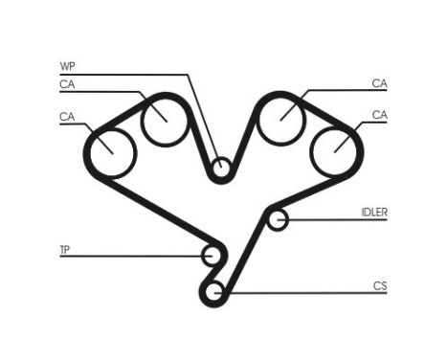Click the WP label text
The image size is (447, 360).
[x=66, y=67]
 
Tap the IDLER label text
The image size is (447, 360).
[x=374, y=212]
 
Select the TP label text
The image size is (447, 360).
[x=64, y=251]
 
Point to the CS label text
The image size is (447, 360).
[x=380, y=284]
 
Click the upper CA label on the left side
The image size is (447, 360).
[x=66, y=84]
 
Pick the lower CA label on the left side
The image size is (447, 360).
[x=66, y=117]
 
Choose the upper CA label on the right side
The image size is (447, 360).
[x=380, y=83]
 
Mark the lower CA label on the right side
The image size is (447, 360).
[x=380, y=116]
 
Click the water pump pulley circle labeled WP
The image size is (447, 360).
[x=222, y=170]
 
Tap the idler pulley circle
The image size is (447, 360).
[x=277, y=221]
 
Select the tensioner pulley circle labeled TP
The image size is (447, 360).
[x=212, y=256]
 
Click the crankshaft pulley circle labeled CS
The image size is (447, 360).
[x=215, y=290]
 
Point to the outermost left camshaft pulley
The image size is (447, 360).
[x=110, y=150]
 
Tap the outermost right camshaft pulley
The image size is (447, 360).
[x=335, y=148]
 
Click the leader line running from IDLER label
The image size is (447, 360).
[x=335, y=221]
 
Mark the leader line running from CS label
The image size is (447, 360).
[x=306, y=291]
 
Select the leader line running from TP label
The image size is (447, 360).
[x=134, y=256]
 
